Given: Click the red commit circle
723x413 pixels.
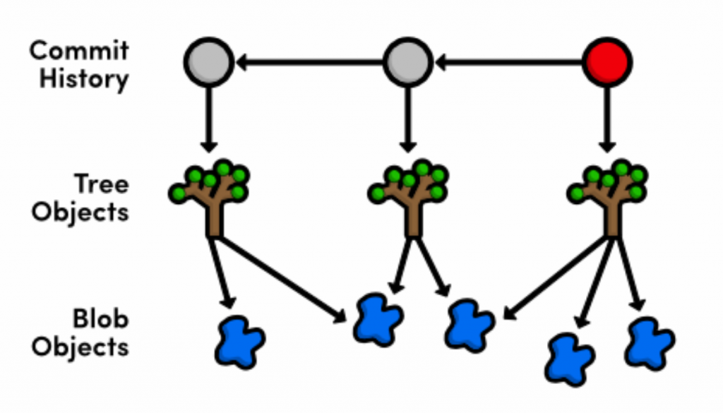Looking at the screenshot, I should (x=607, y=63).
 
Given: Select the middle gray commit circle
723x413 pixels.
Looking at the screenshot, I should (x=407, y=63).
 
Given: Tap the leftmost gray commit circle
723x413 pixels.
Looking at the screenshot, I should (x=208, y=63).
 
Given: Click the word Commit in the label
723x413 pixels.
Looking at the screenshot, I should (x=80, y=51).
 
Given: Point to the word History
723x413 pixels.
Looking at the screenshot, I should (x=84, y=78).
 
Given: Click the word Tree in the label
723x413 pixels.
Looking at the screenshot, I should (x=102, y=184).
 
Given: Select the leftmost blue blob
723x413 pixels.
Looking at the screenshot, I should (x=241, y=342).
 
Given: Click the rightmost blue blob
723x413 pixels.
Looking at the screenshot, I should (x=649, y=343).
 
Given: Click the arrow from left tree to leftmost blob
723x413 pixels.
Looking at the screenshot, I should (x=222, y=272).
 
